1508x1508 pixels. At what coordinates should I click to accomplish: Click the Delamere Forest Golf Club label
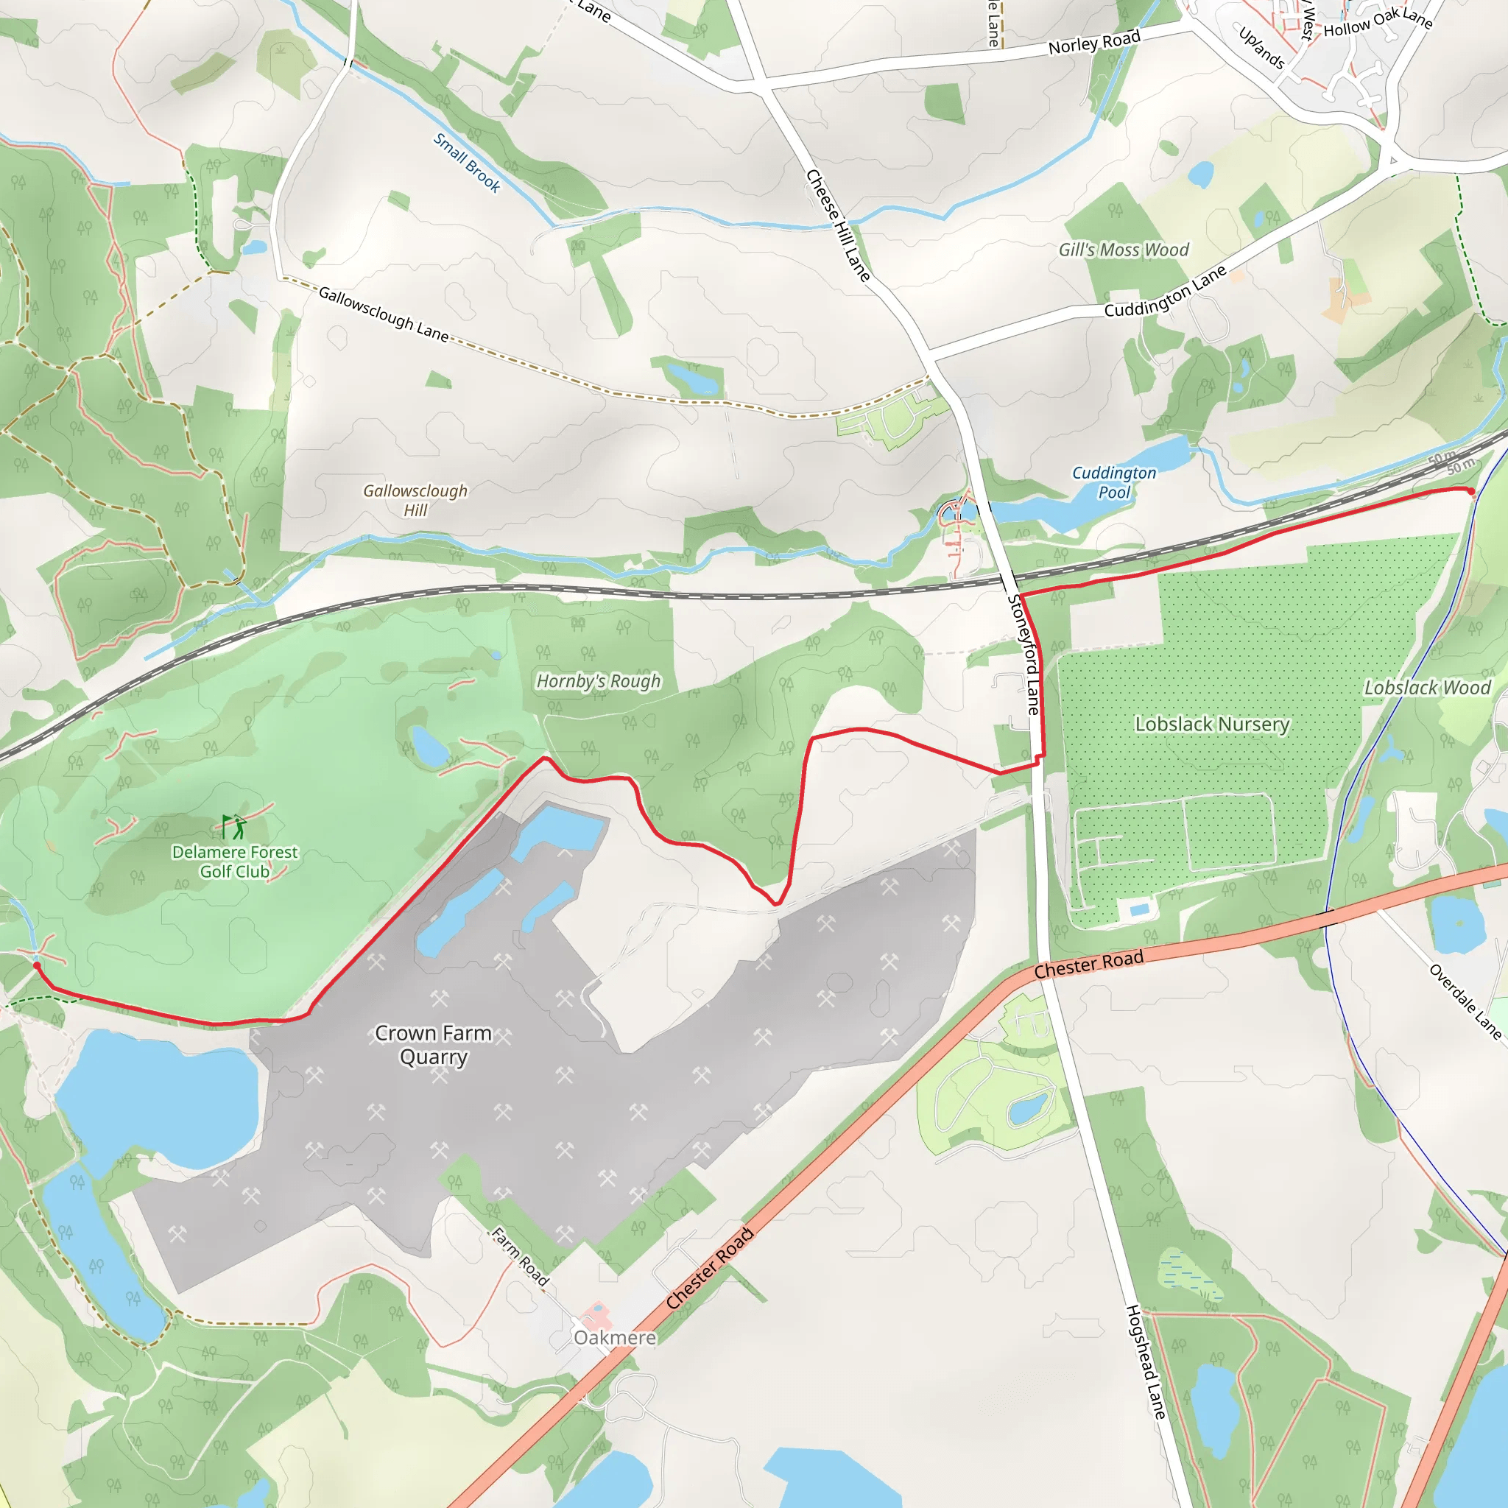coord(234,862)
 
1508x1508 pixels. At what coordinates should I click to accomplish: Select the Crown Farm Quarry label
coord(433,1044)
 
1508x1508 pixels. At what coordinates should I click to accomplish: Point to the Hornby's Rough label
coord(598,681)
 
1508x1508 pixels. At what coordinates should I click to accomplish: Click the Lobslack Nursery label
coord(1211,725)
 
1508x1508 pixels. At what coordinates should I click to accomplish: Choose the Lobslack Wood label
coord(1427,688)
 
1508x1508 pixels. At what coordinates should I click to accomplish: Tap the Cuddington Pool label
coord(1114,482)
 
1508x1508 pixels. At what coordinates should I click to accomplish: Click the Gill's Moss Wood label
coord(1123,250)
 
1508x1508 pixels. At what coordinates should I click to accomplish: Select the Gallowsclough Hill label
coord(415,500)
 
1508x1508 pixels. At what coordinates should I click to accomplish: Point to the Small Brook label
coord(467,162)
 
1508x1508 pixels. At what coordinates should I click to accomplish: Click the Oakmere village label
coord(614,1338)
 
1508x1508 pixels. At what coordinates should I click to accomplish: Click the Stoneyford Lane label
coord(1025,654)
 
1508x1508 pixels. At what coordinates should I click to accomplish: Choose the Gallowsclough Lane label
coord(383,314)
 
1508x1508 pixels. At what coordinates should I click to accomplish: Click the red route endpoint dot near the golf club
coord(37,965)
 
